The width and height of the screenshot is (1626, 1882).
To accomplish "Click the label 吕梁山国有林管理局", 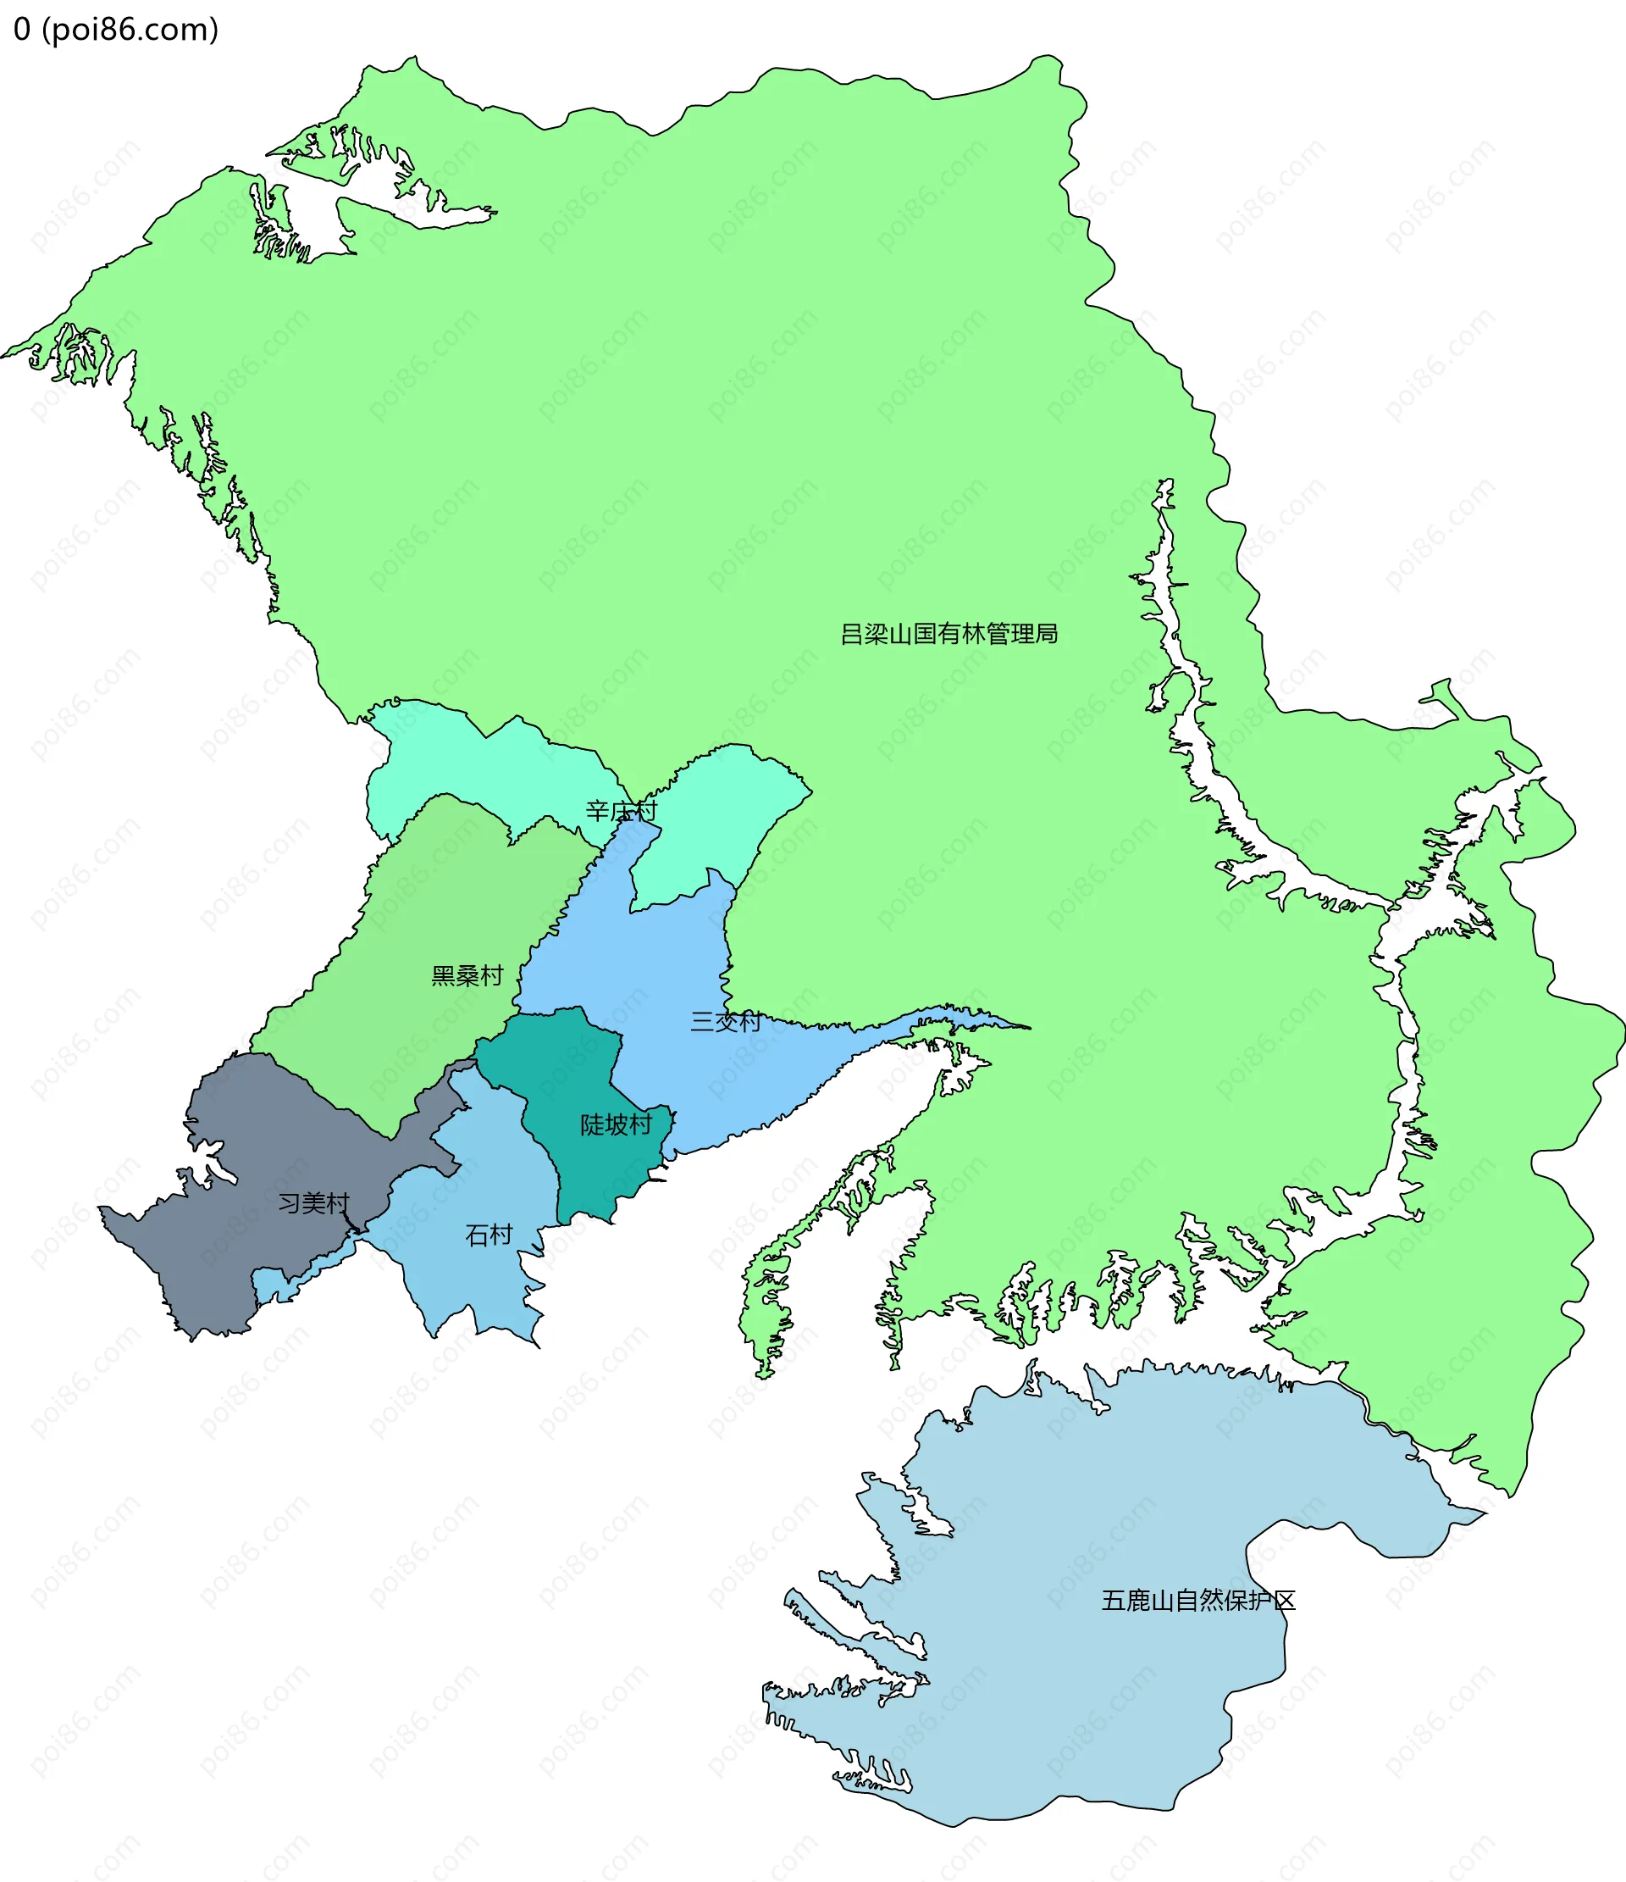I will coord(948,634).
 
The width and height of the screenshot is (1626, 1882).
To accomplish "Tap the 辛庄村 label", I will coord(621,811).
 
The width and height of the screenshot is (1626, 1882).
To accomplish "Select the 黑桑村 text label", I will coord(467,975).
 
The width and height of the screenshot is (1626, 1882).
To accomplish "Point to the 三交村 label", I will coord(726,1022).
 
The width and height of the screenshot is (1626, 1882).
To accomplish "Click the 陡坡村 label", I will coord(616,1124).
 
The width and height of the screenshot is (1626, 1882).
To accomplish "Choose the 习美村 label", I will coord(313,1203).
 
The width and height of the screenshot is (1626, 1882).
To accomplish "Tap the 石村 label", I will coord(489,1235).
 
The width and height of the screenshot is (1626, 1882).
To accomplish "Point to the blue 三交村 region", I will coord(654,963).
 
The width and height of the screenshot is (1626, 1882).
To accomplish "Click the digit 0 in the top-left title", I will coord(22,30).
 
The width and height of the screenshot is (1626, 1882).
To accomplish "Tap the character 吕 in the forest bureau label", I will coord(850,634).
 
